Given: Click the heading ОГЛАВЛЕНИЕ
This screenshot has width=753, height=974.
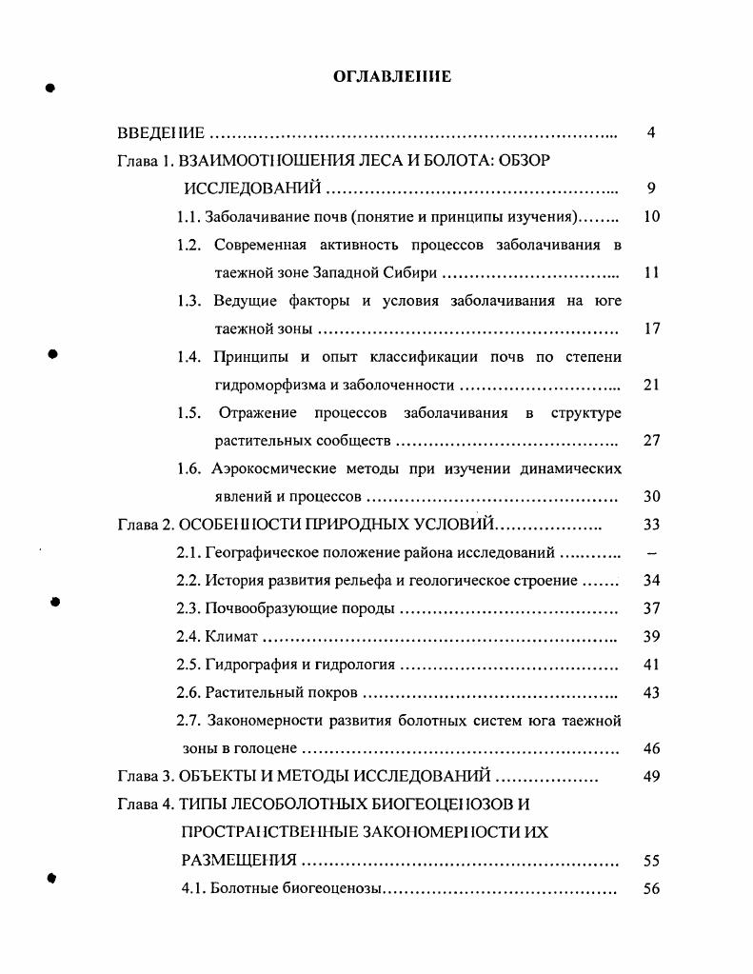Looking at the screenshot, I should [x=392, y=77].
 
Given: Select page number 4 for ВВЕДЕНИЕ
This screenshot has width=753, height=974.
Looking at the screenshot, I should [x=650, y=132].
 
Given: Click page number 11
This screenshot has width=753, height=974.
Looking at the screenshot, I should [x=651, y=272].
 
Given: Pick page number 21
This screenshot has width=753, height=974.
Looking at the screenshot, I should [x=651, y=385].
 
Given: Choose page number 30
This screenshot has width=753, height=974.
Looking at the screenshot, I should [x=651, y=497].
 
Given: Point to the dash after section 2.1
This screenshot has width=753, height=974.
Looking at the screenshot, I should [x=651, y=553].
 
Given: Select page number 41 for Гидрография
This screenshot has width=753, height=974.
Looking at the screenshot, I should [x=651, y=665].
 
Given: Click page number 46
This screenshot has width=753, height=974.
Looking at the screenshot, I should [x=651, y=749].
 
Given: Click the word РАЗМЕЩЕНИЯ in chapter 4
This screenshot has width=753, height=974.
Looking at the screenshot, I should [x=239, y=862].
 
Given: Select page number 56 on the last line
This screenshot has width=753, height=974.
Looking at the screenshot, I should [x=651, y=889].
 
